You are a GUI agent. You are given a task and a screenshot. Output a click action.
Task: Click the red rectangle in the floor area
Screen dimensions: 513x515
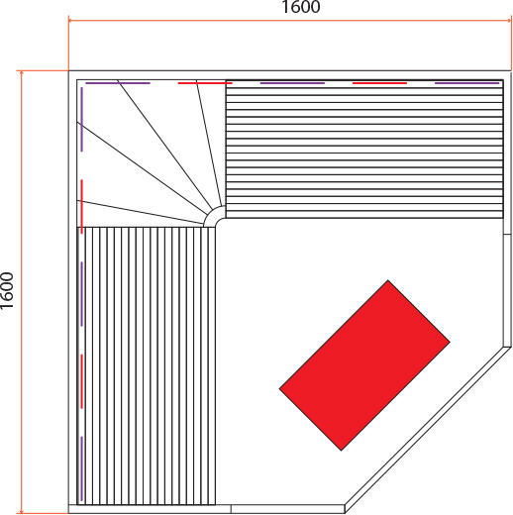[364, 365]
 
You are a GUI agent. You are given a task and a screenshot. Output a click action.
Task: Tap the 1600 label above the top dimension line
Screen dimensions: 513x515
[301, 7]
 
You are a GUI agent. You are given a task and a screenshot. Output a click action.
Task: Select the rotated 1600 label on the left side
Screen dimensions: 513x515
[7, 290]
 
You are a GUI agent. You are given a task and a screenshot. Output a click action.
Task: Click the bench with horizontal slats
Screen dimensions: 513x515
[364, 149]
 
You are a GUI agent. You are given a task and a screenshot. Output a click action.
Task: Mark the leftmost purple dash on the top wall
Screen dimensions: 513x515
[118, 83]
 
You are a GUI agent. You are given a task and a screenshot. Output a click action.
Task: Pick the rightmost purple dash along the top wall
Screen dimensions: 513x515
[467, 83]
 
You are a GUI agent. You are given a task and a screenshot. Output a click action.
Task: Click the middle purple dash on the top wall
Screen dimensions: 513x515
[292, 83]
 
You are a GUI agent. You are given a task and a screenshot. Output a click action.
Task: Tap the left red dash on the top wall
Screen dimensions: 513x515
[205, 83]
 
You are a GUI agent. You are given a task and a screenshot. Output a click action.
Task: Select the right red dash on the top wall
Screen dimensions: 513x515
[379, 83]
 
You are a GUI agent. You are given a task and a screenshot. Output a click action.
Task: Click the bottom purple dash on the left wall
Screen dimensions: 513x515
[82, 468]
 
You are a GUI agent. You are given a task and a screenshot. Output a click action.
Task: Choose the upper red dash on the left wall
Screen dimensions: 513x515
[82, 207]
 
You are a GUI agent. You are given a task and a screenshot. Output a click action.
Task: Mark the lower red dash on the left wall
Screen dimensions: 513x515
[82, 381]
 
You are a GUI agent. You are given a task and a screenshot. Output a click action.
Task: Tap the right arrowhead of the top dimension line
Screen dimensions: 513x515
[509, 21]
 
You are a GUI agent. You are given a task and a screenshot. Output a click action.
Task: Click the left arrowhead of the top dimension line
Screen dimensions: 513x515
[70, 21]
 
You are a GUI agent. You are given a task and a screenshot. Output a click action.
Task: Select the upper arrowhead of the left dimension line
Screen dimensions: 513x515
[22, 73]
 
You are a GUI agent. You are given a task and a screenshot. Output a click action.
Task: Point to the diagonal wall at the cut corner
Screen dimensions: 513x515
[429, 430]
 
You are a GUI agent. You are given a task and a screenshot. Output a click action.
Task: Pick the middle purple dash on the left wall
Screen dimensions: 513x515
[82, 294]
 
